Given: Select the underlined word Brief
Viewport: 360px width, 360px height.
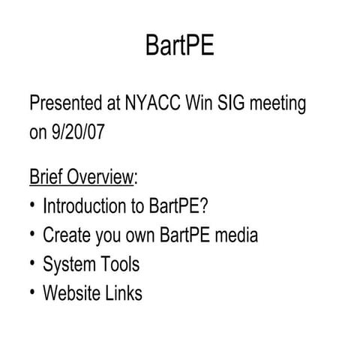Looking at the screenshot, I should [46, 177].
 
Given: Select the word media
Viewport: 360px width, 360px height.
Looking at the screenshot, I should [235, 235].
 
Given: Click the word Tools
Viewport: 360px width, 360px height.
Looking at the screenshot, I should [118, 263].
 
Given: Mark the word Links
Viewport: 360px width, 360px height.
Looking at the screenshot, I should [123, 292].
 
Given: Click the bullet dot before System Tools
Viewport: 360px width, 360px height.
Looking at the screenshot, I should [34, 263].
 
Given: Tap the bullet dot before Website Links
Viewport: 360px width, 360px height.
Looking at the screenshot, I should [34, 292].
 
